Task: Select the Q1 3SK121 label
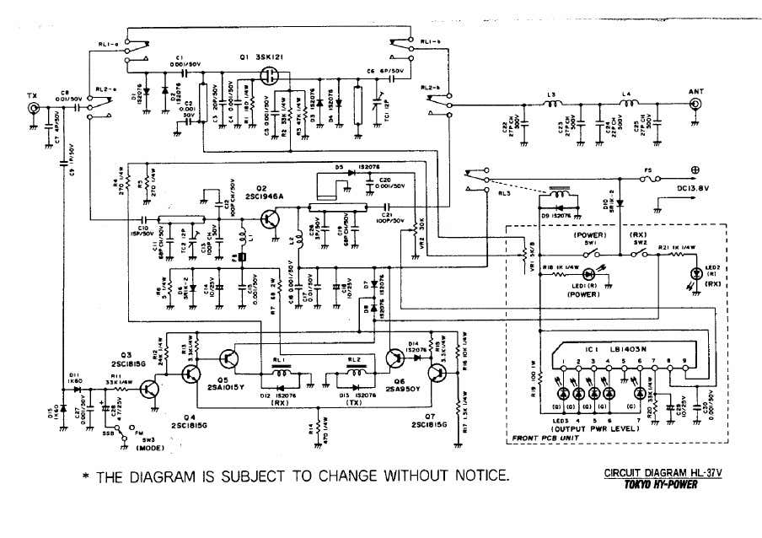click(262, 57)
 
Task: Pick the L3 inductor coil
click(554, 105)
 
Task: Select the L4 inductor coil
click(628, 105)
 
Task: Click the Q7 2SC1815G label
click(429, 426)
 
